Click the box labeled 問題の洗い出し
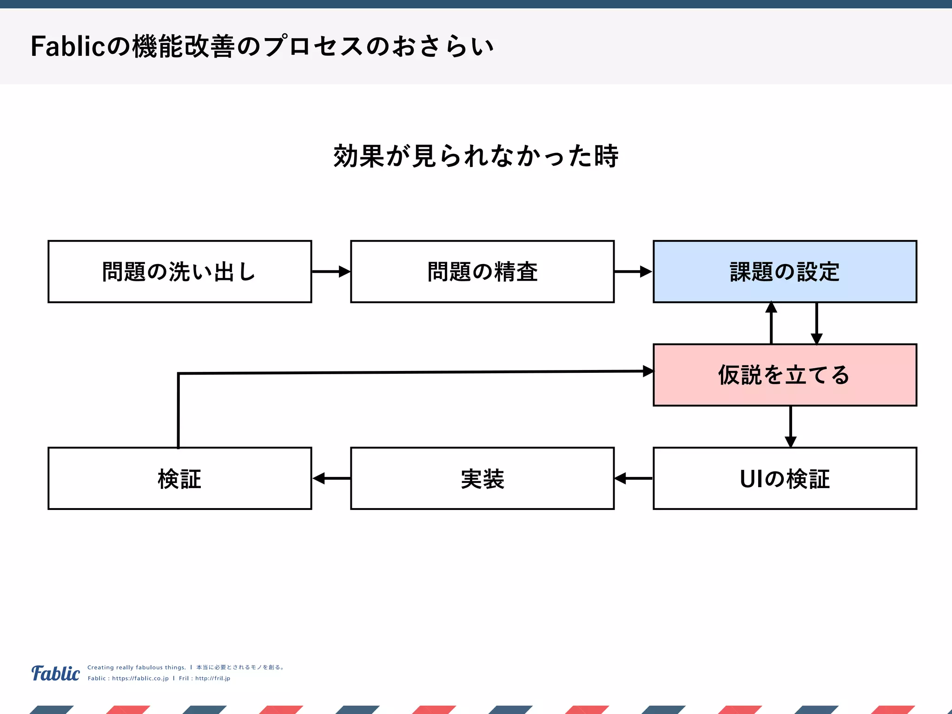[x=179, y=271]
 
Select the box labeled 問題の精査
[x=482, y=271]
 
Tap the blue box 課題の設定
[x=785, y=271]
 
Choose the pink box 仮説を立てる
[x=785, y=375]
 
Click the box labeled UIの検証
[x=785, y=478]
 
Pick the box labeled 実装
[x=482, y=478]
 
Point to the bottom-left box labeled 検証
[x=179, y=478]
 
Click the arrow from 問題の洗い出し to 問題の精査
[x=331, y=271]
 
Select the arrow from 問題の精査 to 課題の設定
[x=633, y=271]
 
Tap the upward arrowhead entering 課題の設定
[x=771, y=308]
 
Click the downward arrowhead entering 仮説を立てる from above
[x=817, y=338]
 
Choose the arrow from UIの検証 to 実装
[x=633, y=478]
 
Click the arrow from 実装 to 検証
[x=331, y=478]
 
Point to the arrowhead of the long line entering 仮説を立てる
[x=648, y=371]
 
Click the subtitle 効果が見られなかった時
[x=476, y=156]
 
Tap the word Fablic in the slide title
[x=68, y=46]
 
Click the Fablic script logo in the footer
[x=55, y=673]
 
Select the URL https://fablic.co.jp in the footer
[x=140, y=678]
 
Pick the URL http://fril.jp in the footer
[x=212, y=678]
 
